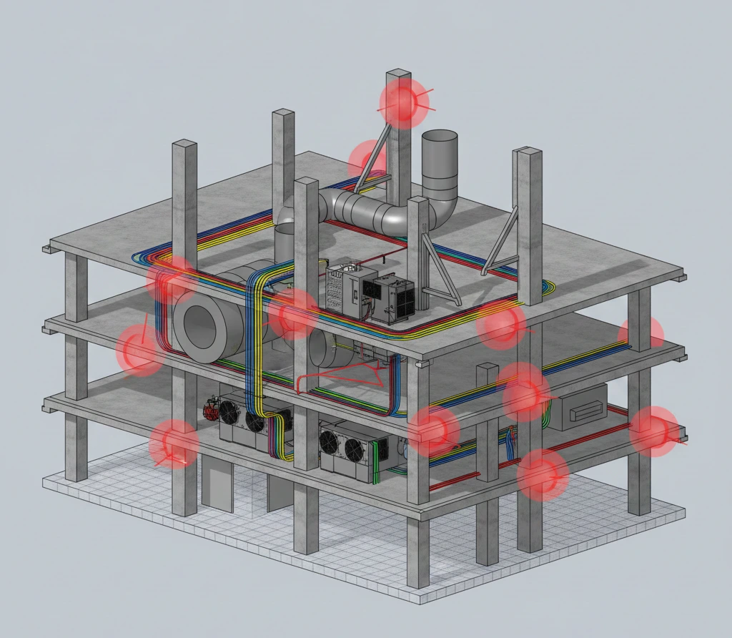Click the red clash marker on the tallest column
404,103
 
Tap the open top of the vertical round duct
439,137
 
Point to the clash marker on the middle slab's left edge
139,350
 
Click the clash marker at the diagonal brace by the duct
367,159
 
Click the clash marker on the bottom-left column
174,444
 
